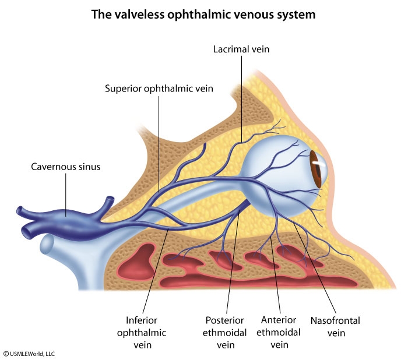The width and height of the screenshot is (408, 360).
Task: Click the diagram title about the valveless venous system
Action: point(203,15)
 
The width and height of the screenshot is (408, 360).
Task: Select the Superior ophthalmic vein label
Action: point(159,89)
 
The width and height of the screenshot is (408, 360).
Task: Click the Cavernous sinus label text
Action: point(66,167)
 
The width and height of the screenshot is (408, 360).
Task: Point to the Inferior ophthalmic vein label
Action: point(146,333)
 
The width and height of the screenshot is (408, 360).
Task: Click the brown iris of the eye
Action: point(316,170)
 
